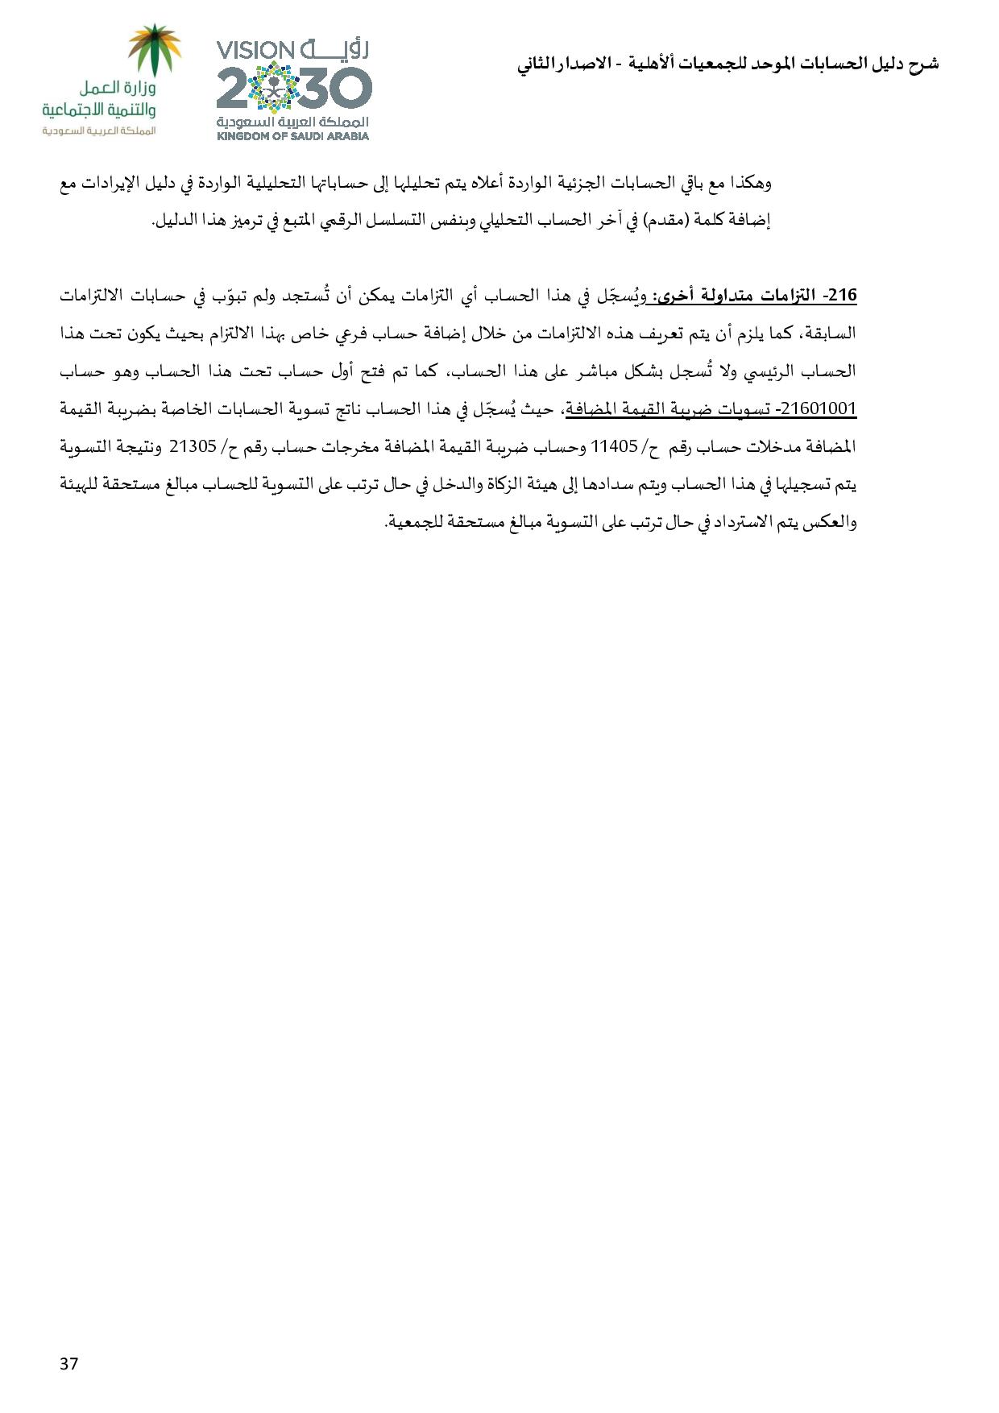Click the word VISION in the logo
[x=258, y=51]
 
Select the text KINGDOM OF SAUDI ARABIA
[x=292, y=136]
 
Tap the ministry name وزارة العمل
[x=118, y=87]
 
